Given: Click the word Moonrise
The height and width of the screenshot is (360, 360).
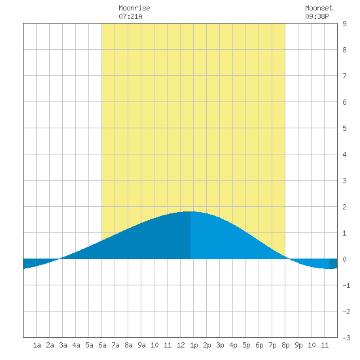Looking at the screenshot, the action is coord(134,8).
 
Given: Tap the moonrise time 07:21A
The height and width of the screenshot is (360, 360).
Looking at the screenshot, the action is coord(130,16).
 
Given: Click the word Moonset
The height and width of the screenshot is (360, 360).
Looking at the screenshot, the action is coord(319,8).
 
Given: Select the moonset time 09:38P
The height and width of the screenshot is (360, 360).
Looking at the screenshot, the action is coord(317,16).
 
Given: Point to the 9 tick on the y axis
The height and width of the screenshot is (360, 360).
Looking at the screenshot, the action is coord(344,24).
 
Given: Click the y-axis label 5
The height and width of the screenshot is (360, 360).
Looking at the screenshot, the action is coord(344,128).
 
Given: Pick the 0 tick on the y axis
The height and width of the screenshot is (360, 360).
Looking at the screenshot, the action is coord(344,259).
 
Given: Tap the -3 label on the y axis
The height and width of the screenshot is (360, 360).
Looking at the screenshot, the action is coord(346,338).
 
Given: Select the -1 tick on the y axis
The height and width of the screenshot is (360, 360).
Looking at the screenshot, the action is coord(346,285).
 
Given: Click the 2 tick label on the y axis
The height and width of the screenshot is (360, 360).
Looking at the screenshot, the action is coord(344,207).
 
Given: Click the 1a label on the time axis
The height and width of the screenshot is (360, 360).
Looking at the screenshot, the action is coord(37,345).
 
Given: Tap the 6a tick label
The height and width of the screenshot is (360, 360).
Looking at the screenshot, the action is coord(102,345).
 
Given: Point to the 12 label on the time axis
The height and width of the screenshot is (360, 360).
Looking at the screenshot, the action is coord(181,345).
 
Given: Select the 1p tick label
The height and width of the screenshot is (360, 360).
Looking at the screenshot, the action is coord(194,345).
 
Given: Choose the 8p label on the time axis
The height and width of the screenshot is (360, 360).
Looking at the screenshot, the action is coord(285,345).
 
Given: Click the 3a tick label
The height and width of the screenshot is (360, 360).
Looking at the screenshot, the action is coord(63,345).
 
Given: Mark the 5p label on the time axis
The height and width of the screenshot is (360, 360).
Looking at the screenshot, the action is coord(246,345).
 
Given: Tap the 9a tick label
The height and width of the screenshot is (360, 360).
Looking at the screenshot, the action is coord(141,345).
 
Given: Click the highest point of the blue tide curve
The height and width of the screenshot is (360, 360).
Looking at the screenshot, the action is coord(190,211).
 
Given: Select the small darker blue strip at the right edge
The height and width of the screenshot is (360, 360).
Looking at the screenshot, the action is coord(333,264).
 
